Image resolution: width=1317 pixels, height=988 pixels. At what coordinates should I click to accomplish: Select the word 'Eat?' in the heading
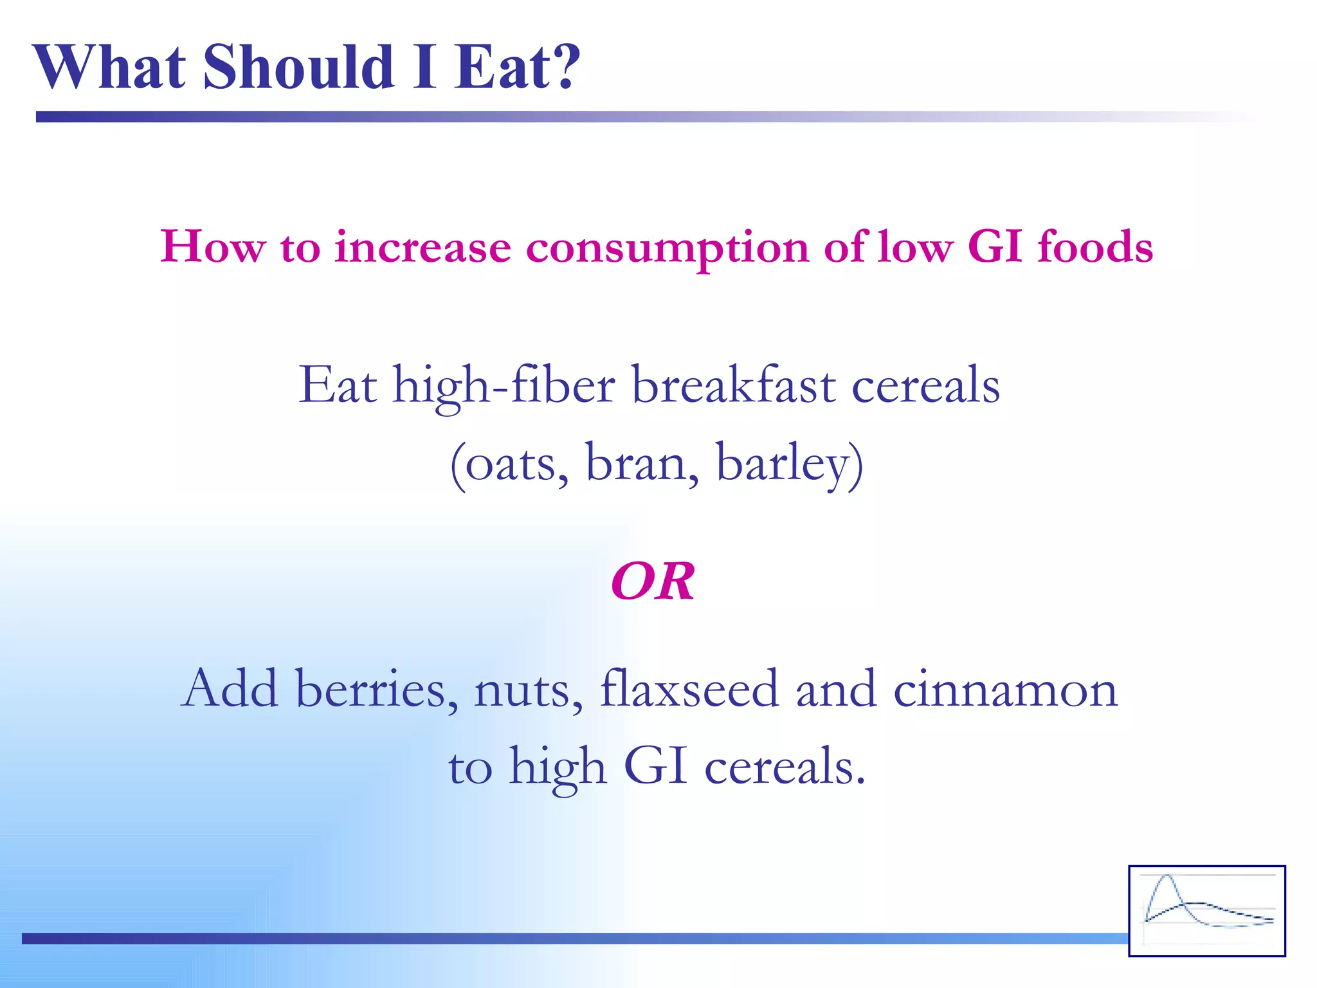pyautogui.click(x=517, y=67)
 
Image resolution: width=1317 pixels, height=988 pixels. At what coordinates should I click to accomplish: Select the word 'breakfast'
pyautogui.click(x=734, y=385)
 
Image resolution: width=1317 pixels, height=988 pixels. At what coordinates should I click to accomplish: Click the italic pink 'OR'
pyautogui.click(x=653, y=581)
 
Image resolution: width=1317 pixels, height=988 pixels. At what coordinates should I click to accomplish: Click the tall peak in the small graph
pyautogui.click(x=1167, y=878)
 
